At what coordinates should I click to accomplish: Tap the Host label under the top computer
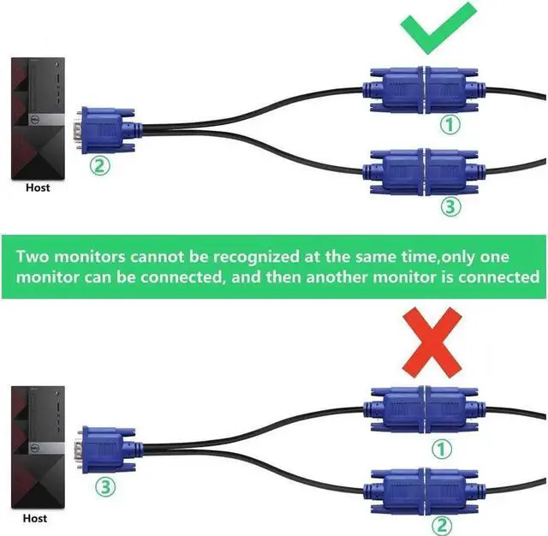(x=39, y=188)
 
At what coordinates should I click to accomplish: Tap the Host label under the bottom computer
(x=36, y=519)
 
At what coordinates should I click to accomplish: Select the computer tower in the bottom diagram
(x=38, y=449)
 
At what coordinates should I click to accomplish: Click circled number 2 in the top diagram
(x=101, y=166)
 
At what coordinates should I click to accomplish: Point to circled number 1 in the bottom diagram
(x=442, y=448)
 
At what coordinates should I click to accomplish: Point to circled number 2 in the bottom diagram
(x=442, y=523)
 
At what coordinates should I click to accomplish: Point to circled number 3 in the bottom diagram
(x=104, y=488)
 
